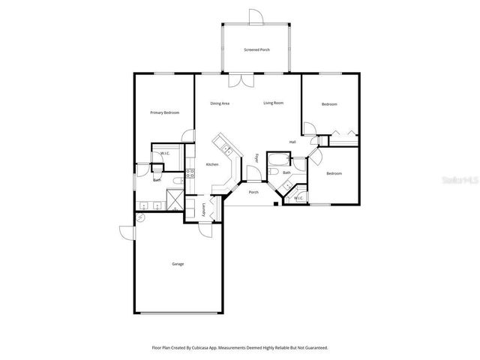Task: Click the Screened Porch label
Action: pyautogui.click(x=256, y=49)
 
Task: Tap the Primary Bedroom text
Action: pyautogui.click(x=165, y=112)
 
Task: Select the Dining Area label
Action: pyautogui.click(x=220, y=103)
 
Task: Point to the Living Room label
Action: pyautogui.click(x=273, y=103)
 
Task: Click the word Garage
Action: pyautogui.click(x=178, y=263)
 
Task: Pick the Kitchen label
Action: pyautogui.click(x=212, y=164)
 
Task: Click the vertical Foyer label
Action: pyautogui.click(x=256, y=159)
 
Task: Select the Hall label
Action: pyautogui.click(x=292, y=142)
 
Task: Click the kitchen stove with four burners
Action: pyautogui.click(x=190, y=175)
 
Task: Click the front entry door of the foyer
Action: pyautogui.click(x=254, y=175)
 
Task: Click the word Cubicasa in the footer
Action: pyautogui.click(x=196, y=348)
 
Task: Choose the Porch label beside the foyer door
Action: pyautogui.click(x=253, y=191)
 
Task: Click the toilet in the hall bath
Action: pyautogui.click(x=274, y=174)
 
